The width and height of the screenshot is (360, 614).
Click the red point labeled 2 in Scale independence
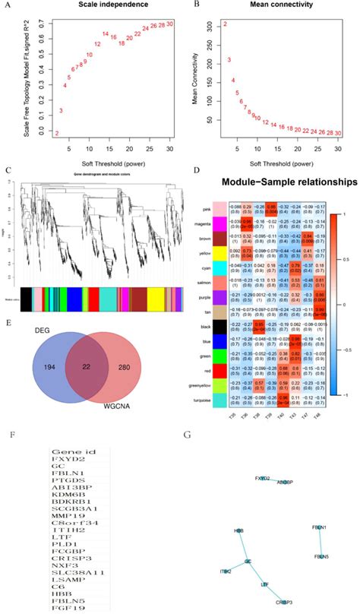click(56, 133)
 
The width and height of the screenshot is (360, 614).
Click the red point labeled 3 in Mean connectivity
click(229, 59)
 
